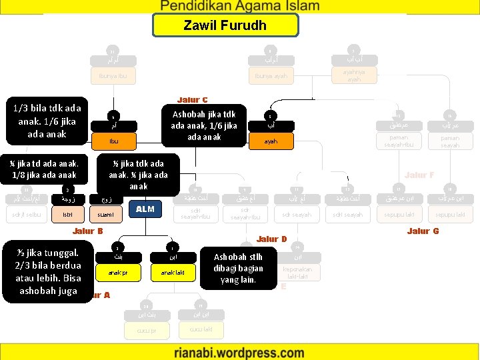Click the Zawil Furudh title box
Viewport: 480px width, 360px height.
[225, 25]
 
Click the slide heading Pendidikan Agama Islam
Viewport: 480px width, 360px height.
[240, 7]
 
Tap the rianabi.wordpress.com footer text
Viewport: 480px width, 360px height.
[239, 353]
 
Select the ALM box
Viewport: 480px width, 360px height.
[145, 209]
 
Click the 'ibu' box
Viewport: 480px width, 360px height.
[115, 141]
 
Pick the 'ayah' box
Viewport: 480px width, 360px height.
[270, 141]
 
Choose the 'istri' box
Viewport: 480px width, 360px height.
[67, 215]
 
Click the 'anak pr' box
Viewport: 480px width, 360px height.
[116, 272]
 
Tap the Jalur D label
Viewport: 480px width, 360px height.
[272, 239]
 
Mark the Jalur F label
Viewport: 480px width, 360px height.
[419, 175]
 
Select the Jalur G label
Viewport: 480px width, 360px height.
[423, 231]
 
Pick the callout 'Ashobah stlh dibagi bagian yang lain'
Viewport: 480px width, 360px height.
[238, 268]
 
